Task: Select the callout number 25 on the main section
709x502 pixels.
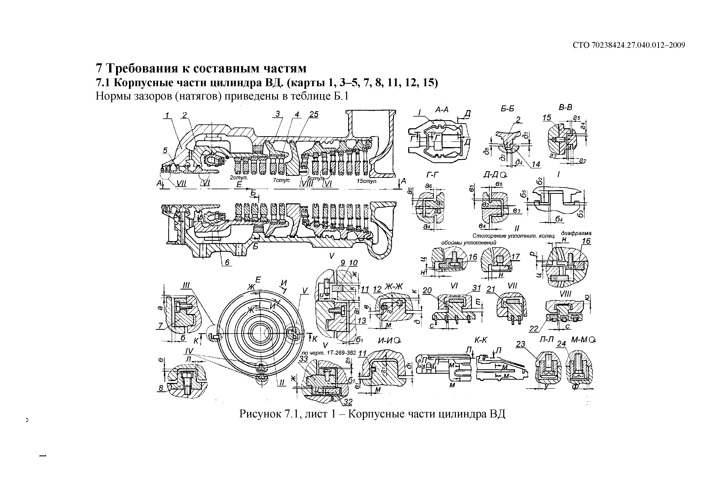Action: [x=314, y=114]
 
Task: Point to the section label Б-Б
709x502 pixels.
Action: [x=507, y=109]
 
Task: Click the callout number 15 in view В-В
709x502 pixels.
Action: [x=547, y=118]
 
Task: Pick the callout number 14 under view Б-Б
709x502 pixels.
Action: [x=536, y=164]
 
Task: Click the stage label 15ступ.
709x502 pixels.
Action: [x=367, y=181]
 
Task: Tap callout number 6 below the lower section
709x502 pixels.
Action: [x=227, y=262]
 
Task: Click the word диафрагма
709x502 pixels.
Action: [x=576, y=233]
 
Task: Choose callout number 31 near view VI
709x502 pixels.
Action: [x=477, y=288]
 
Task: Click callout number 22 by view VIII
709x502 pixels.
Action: [x=534, y=329]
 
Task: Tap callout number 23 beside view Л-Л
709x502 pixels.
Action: [x=521, y=344]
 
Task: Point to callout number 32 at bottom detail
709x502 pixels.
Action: [x=348, y=402]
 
